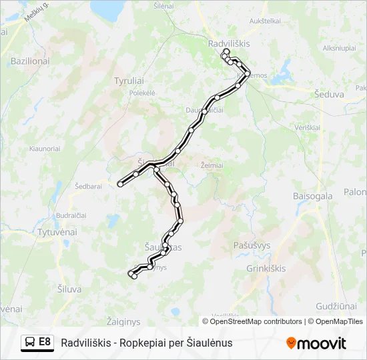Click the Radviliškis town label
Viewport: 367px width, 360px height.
(228, 43)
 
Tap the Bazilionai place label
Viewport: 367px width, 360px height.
(30, 61)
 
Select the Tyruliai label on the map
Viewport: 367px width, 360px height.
(129, 81)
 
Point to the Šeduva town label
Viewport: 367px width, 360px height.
(329, 95)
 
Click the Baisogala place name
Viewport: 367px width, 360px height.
(313, 196)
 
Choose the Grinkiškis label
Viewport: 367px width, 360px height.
(266, 268)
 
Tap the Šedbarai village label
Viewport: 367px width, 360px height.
(88, 187)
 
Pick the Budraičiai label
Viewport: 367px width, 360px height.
(71, 216)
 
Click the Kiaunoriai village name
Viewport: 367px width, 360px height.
(45, 149)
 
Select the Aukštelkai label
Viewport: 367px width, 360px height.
(264, 21)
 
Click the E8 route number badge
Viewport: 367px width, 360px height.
(45, 342)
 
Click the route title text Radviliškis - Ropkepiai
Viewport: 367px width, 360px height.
(146, 343)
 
